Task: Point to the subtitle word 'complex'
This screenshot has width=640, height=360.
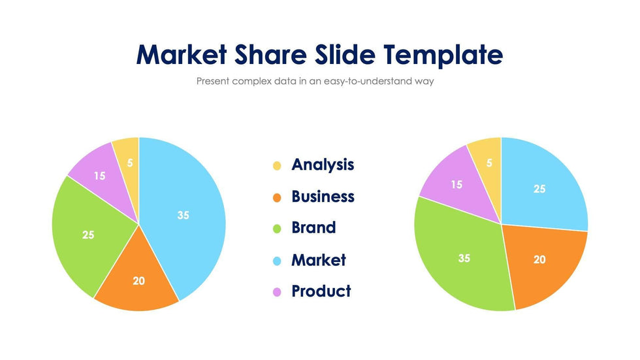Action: [253, 82]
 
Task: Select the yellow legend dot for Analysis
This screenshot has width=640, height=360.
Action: [277, 166]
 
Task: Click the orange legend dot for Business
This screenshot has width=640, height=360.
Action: [277, 197]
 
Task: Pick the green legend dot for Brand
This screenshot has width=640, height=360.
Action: [277, 229]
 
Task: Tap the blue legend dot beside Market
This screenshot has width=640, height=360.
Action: [277, 261]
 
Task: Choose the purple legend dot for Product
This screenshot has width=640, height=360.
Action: [277, 292]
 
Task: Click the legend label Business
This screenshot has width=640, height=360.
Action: [323, 197]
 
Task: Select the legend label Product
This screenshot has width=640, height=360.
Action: [321, 291]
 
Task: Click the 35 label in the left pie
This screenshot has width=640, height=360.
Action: [184, 215]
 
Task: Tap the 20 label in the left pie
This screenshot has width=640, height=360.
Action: [138, 281]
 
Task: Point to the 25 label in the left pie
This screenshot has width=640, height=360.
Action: [88, 235]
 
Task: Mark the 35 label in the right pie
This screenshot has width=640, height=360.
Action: [464, 258]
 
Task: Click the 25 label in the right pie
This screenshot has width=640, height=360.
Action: [539, 189]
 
